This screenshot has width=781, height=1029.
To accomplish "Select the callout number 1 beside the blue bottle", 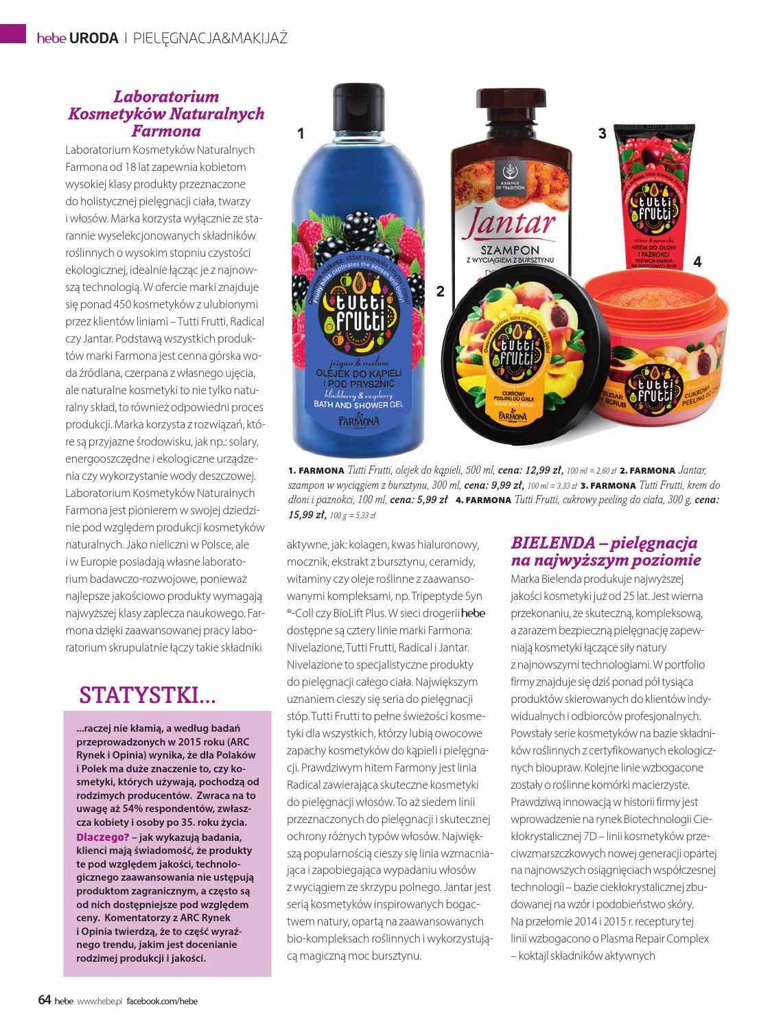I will click(x=301, y=134).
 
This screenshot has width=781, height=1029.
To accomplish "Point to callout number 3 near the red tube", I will click(x=602, y=134).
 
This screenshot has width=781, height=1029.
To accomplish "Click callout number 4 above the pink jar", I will click(x=697, y=262).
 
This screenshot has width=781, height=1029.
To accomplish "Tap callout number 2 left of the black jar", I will click(x=440, y=291).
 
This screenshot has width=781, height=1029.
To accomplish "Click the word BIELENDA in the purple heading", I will click(x=552, y=543).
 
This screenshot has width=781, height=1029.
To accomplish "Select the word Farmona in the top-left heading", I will click(x=166, y=130).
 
